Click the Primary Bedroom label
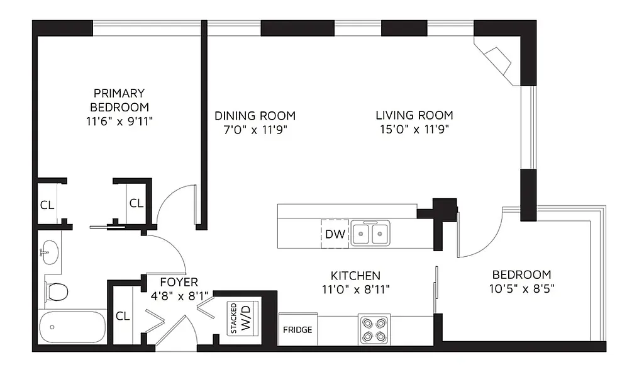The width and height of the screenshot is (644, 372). pos(119,99)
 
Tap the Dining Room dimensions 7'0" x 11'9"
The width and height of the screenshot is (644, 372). pos(255,130)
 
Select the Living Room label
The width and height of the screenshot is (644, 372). pos(414,115)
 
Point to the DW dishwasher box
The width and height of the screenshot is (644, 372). pos(335,234)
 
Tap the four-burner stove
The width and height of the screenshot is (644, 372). pos(374,329)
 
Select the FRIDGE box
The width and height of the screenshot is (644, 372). pos(297,329)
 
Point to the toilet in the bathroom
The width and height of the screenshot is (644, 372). pos(57,291)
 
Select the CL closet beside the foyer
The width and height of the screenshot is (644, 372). pos(123,316)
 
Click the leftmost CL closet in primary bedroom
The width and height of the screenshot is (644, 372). pos(47,205)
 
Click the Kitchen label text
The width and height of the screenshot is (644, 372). pos(355,276)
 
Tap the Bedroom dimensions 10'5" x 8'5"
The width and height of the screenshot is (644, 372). pos(521,288)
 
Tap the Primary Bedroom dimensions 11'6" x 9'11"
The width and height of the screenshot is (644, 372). pos(119,120)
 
